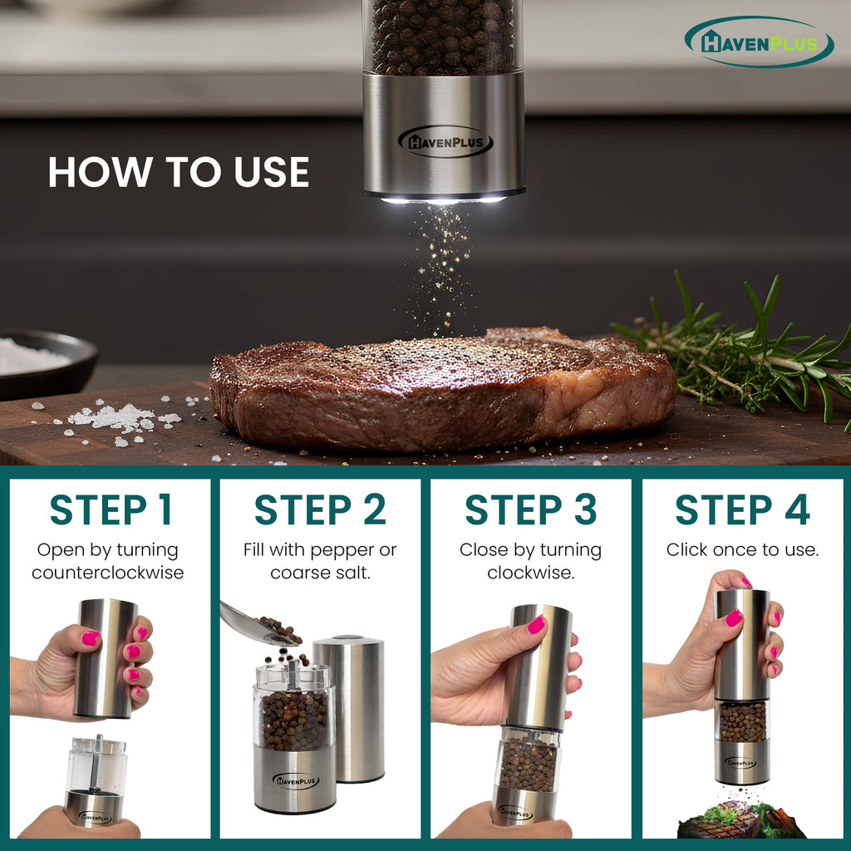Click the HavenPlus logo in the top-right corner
pos(759,42)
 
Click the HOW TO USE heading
pos(179,172)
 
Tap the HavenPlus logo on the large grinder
pos(445,142)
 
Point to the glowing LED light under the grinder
pos(443,199)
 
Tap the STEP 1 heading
pos(111,510)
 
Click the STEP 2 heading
pos(320,510)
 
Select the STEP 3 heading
pos(530,510)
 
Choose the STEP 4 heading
pos(742,510)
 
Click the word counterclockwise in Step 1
pos(108,573)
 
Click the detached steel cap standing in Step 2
pos(349,706)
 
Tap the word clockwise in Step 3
pos(530,573)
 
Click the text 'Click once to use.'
pos(742,550)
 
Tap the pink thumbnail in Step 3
pos(536,624)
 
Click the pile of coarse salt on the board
pos(116,417)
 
